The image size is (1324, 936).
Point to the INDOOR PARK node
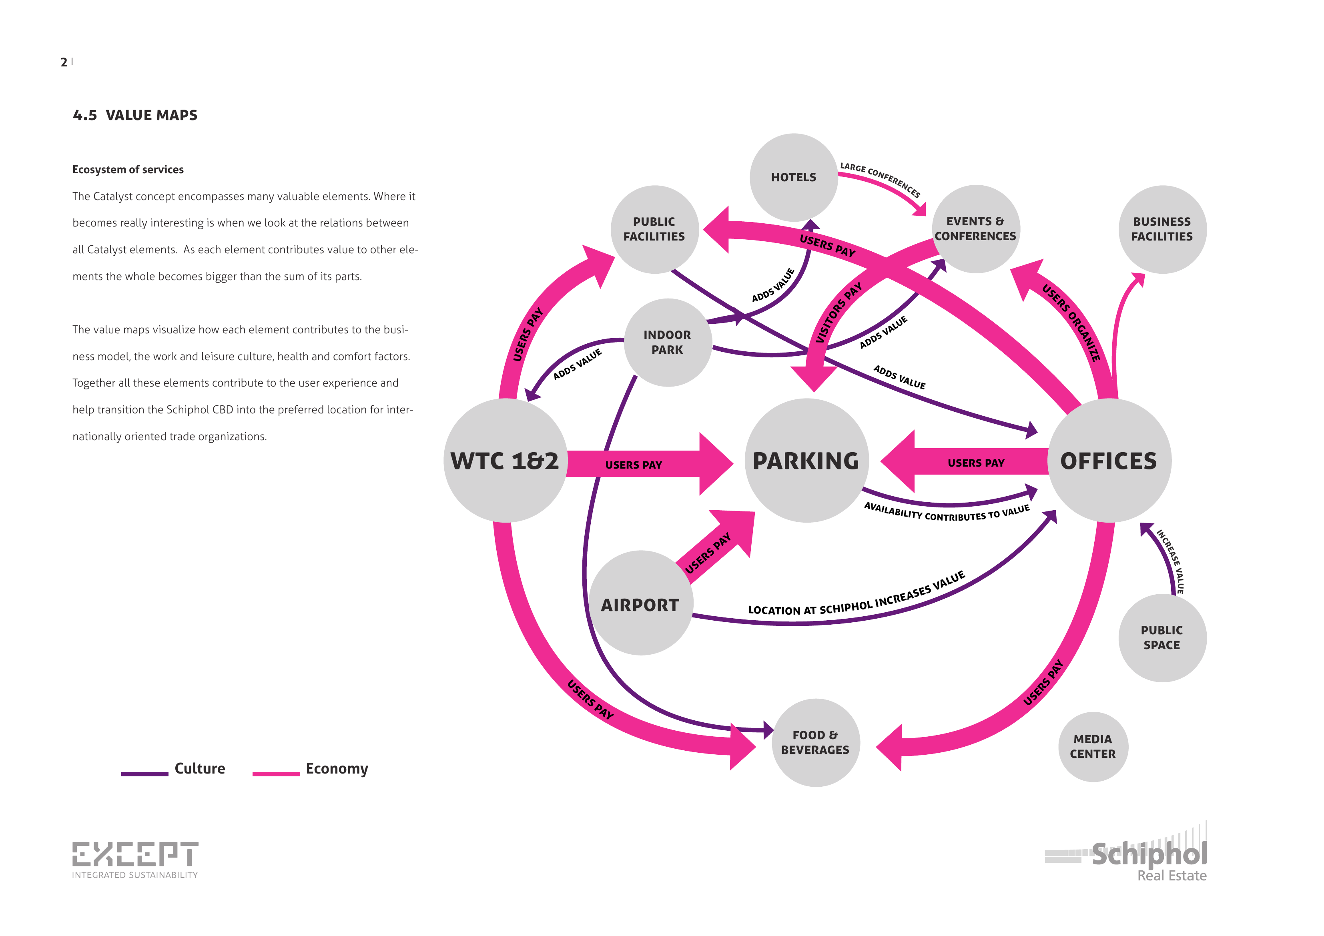pyautogui.click(x=667, y=342)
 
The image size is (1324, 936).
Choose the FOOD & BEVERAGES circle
pyautogui.click(x=815, y=742)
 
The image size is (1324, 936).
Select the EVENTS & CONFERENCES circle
pyautogui.click(x=976, y=228)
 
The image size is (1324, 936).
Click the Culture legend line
pyautogui.click(x=145, y=774)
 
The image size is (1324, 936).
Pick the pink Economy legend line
pyautogui.click(x=276, y=774)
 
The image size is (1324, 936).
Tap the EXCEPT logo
pyautogui.click(x=135, y=858)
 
